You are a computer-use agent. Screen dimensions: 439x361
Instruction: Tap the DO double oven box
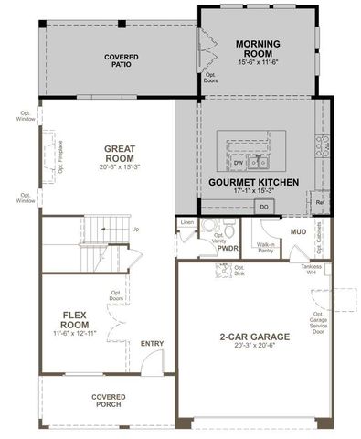[263, 207]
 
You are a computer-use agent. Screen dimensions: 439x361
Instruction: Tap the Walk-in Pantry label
[265, 247]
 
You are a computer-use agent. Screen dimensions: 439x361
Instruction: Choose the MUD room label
[298, 232]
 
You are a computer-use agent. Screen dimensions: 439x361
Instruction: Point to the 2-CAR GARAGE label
[255, 337]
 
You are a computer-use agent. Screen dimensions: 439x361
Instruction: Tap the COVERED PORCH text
[108, 401]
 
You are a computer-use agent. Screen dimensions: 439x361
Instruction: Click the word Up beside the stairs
[135, 229]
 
